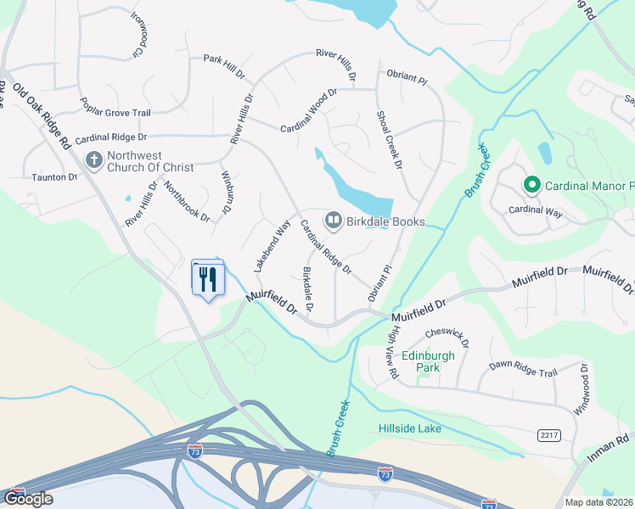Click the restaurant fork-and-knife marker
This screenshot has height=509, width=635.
[x=206, y=278]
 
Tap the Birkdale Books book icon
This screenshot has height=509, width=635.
[x=333, y=221]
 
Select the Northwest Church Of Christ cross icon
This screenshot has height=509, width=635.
[x=94, y=159]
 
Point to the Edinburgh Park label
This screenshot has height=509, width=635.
[x=429, y=361]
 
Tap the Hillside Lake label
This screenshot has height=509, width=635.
[x=410, y=428]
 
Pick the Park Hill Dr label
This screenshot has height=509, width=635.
[x=223, y=59]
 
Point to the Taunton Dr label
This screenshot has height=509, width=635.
[x=55, y=176]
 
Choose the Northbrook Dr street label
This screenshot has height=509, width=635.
[x=187, y=201]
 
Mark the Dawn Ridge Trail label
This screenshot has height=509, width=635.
[x=523, y=367]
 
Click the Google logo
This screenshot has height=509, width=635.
[x=29, y=498]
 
